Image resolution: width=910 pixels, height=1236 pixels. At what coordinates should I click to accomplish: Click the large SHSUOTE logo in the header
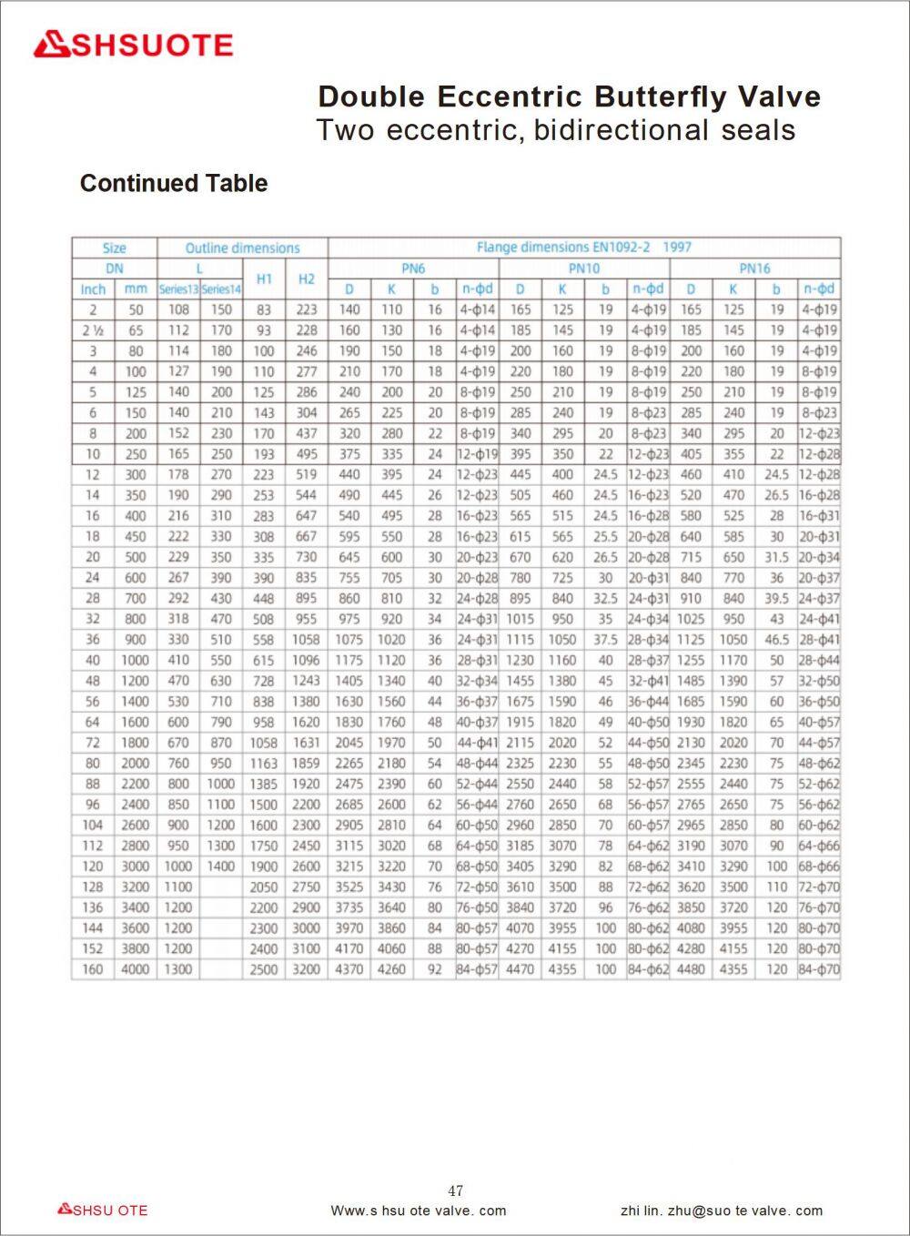tap(134, 45)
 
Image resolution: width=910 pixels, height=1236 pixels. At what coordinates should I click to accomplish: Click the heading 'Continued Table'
tap(174, 183)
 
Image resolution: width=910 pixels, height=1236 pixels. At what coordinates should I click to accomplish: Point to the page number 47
tap(456, 1190)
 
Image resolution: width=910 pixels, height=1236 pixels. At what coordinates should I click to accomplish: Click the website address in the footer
tap(419, 1211)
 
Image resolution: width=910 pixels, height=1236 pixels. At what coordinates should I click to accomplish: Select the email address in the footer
tap(722, 1211)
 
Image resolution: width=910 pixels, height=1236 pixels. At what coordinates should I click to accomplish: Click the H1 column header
tap(264, 279)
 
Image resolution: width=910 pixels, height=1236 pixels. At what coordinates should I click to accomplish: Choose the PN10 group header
tap(584, 268)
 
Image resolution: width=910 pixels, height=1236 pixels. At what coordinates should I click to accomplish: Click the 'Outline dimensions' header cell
tap(242, 248)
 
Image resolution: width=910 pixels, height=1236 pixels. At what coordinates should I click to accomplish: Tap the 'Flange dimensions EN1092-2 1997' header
tap(584, 247)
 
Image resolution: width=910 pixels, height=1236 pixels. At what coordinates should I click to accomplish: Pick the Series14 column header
tap(221, 289)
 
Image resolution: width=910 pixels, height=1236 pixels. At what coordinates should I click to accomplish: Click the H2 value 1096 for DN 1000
tap(307, 660)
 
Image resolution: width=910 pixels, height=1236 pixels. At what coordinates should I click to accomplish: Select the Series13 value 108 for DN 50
tap(179, 309)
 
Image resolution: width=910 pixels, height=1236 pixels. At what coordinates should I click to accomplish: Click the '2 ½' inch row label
tap(93, 330)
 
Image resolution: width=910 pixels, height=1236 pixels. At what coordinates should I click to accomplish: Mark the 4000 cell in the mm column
tap(136, 969)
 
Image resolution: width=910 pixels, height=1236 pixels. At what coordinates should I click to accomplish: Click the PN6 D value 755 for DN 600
tap(349, 578)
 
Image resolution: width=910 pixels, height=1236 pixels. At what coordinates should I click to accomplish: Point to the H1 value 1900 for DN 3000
tap(264, 866)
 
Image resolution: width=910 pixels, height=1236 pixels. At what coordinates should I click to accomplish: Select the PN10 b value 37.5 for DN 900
tap(605, 640)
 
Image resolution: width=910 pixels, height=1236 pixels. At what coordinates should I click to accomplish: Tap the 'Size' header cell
tap(115, 248)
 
